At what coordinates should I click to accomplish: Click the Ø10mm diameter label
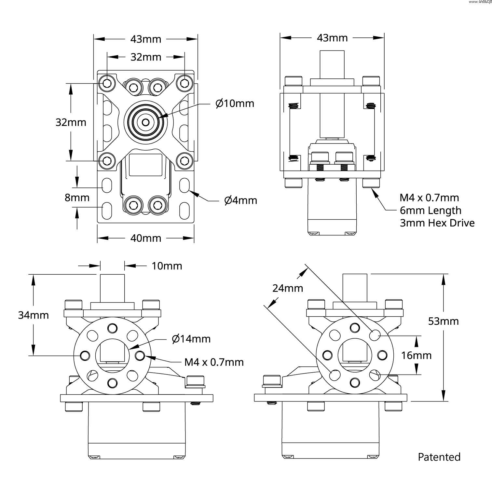click(x=235, y=103)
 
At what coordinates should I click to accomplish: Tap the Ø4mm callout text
click(x=241, y=200)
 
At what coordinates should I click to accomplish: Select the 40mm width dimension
click(x=146, y=238)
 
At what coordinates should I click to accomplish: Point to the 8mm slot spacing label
click(x=77, y=198)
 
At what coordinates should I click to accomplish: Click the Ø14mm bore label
click(x=191, y=339)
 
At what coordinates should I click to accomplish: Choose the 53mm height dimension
click(x=443, y=321)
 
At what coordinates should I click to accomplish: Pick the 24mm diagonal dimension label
click(x=288, y=288)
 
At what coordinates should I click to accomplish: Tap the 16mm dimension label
click(x=416, y=355)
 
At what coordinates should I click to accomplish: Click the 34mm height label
click(x=34, y=315)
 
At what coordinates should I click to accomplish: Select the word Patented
click(x=439, y=457)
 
